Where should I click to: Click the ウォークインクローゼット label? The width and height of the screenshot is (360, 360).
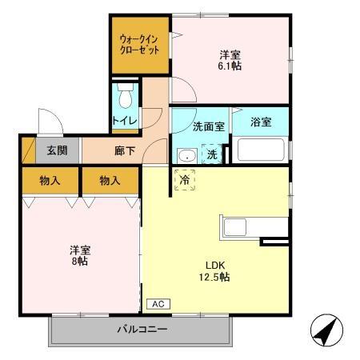click(x=139, y=44)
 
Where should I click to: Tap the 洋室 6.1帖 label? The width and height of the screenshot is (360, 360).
click(x=230, y=60)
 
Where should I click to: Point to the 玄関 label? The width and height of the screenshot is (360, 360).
click(x=55, y=150)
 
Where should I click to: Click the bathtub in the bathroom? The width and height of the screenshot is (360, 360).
click(x=259, y=150)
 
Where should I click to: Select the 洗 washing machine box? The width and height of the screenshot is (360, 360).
click(x=212, y=154)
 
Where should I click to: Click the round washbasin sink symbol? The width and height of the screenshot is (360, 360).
click(x=186, y=155)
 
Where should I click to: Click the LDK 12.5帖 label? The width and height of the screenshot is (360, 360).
click(x=217, y=270)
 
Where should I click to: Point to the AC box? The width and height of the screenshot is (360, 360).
click(x=158, y=305)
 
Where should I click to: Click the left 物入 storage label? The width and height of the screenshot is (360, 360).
click(x=50, y=181)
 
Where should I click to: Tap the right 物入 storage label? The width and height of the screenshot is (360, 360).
click(x=110, y=181)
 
